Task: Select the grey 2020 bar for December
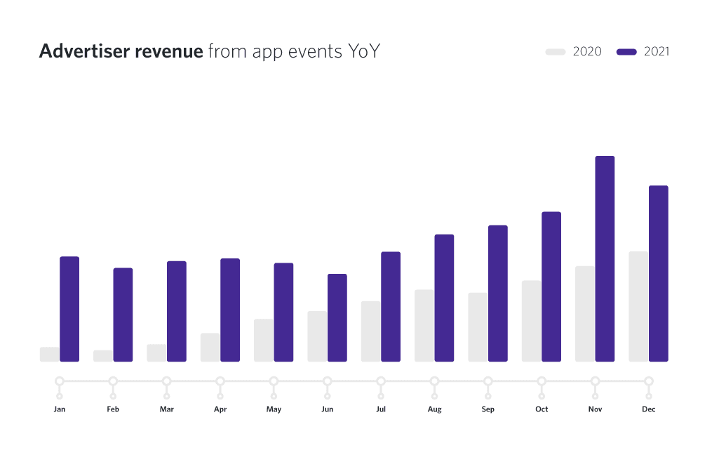tap(638, 306)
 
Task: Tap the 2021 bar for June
tap(337, 317)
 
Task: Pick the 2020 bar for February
tap(103, 356)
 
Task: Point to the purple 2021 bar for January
tap(69, 309)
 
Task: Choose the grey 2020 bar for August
tap(424, 325)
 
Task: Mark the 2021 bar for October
tap(551, 286)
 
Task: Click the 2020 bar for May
tap(264, 341)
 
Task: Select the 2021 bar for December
tap(659, 274)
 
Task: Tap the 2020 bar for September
tap(478, 327)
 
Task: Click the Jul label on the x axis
tap(381, 409)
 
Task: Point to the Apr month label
tap(220, 409)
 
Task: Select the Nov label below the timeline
tap(595, 409)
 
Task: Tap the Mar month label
tap(166, 409)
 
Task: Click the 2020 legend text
tap(587, 51)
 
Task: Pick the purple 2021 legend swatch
tap(626, 51)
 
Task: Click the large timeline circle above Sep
tap(488, 381)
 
